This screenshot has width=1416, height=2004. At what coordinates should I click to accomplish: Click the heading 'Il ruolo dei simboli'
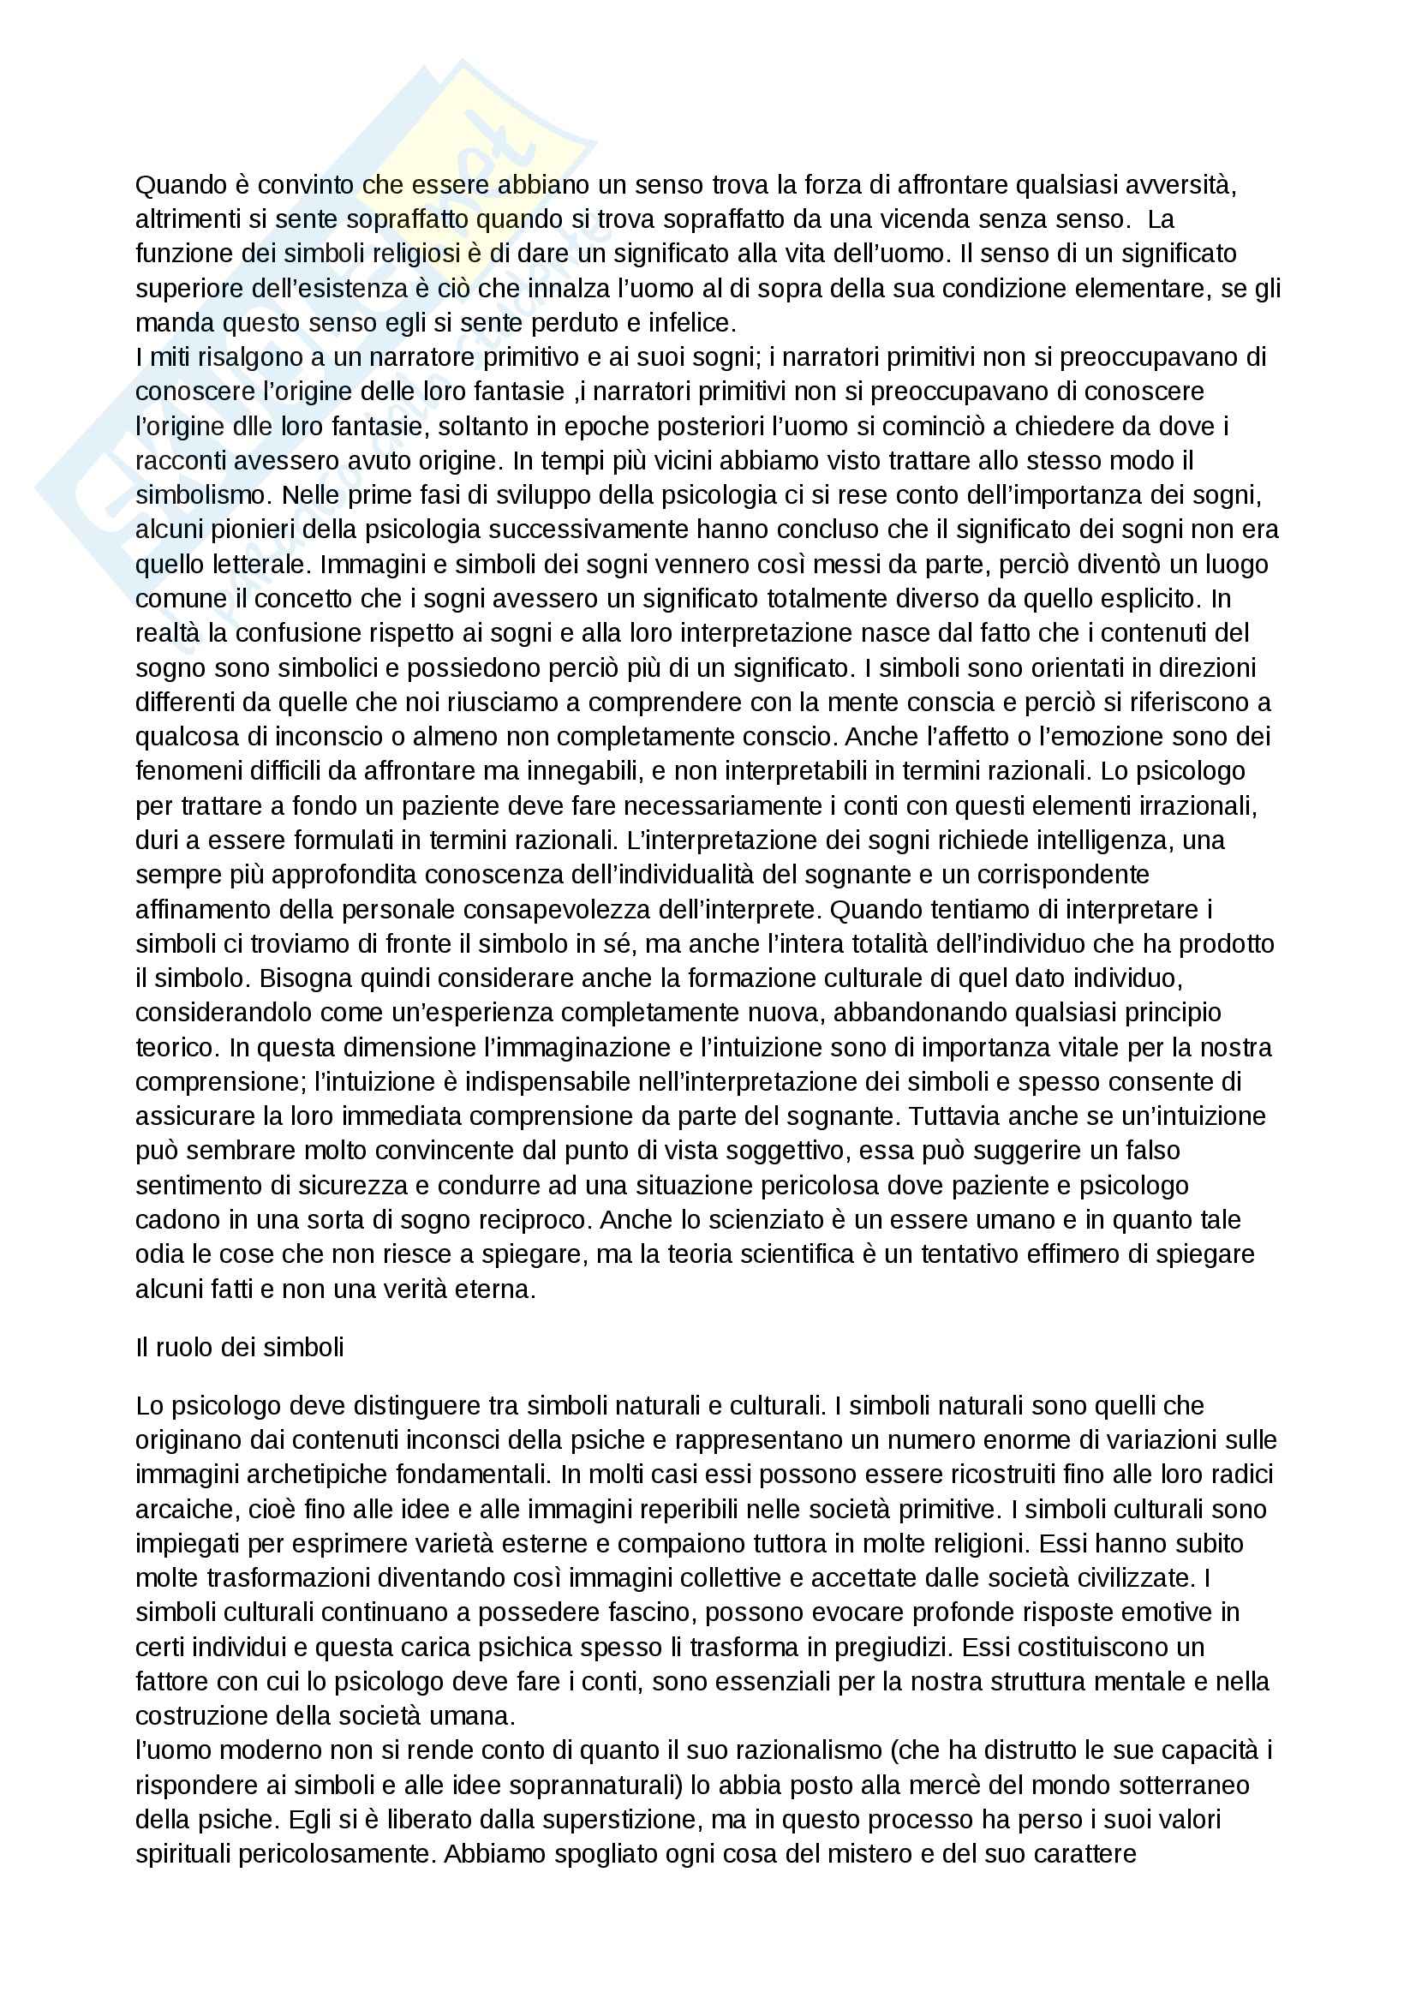240,1348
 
